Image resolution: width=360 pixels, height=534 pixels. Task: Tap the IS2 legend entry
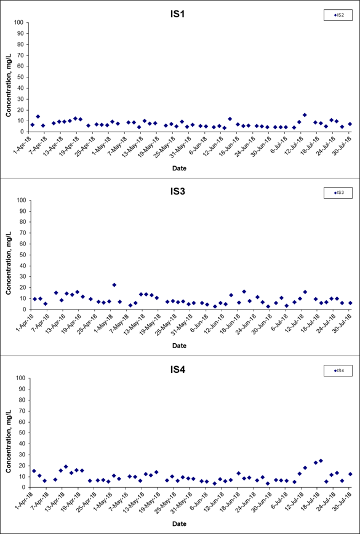pos(338,15)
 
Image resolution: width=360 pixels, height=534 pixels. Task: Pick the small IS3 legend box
pos(338,193)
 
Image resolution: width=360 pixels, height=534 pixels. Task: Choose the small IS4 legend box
pos(338,370)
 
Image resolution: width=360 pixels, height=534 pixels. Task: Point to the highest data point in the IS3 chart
pos(114,285)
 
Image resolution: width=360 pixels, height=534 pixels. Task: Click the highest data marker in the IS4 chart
pos(321,460)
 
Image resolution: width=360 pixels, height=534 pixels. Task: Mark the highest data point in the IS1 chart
pos(305,115)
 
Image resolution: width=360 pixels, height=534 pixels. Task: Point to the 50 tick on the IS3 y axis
pos(20,255)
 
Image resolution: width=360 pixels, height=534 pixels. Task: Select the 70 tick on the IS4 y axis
pos(20,411)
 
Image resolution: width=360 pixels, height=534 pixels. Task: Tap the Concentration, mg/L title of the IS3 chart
pos(9,255)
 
